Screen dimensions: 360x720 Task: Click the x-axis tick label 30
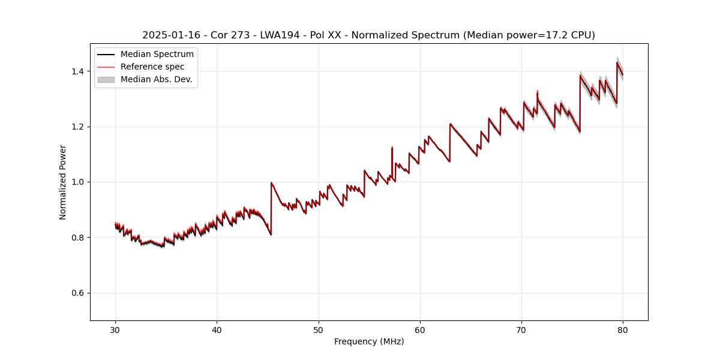[115, 329]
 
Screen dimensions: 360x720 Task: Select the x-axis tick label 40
[217, 329]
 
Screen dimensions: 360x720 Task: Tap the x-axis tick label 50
[319, 329]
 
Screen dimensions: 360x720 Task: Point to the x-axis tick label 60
[420, 329]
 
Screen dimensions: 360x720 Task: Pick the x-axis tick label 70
[521, 329]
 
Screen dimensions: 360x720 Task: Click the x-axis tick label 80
[623, 329]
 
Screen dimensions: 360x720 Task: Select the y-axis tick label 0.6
[78, 293]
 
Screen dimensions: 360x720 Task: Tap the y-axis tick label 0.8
[78, 238]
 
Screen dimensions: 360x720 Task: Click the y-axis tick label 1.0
[78, 182]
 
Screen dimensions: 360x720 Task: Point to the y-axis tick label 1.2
[78, 127]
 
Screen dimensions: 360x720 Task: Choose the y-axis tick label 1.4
[78, 71]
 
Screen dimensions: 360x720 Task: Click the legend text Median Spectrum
[157, 55]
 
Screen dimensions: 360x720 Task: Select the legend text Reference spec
[152, 67]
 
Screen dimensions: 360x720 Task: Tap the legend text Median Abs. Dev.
[157, 79]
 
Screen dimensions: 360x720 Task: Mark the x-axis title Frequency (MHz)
[369, 341]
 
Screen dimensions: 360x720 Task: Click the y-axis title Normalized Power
[63, 182]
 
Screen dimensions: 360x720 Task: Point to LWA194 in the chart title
[280, 35]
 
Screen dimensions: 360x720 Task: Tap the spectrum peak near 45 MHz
[271, 182]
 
